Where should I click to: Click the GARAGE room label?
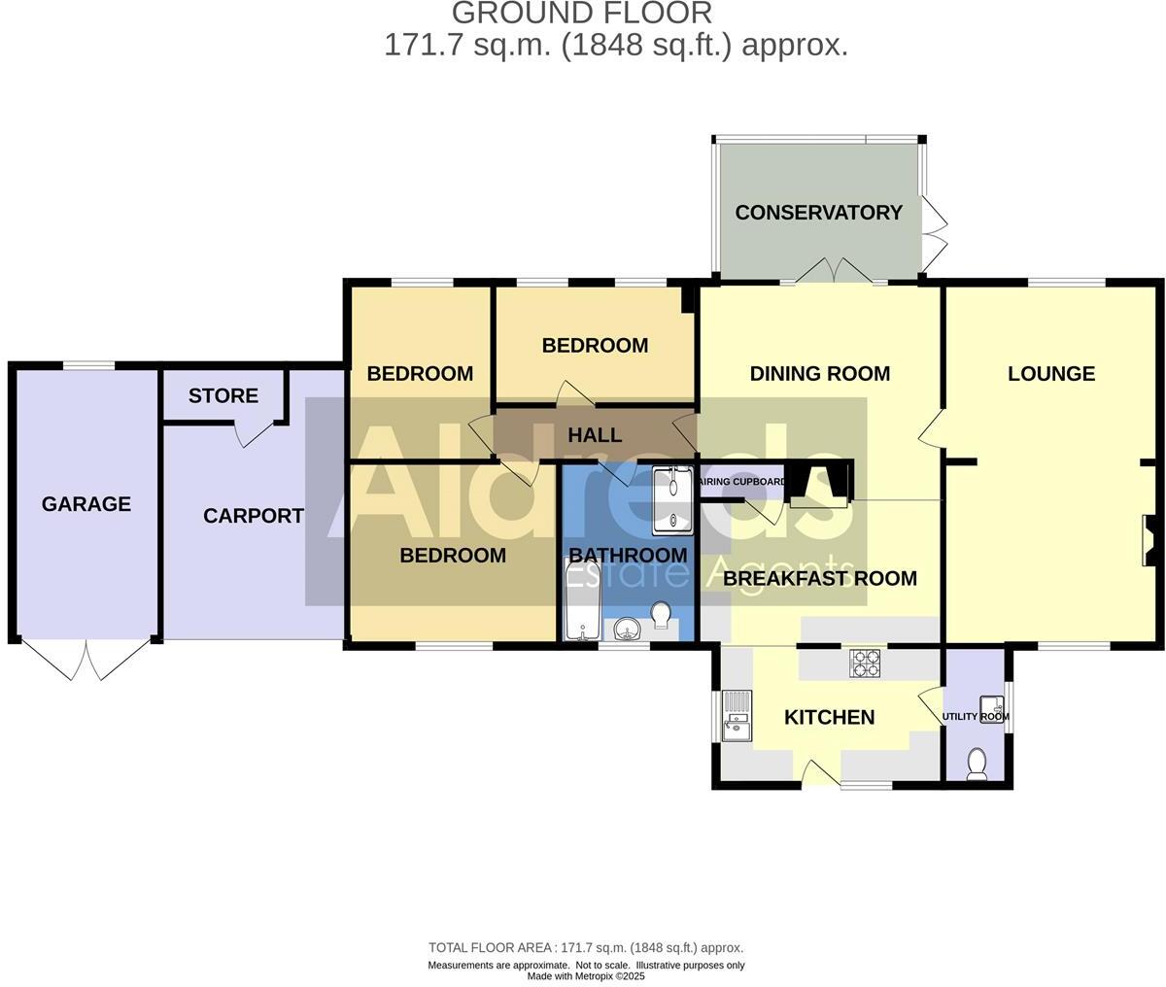click(x=86, y=504)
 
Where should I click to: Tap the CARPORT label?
click(x=253, y=516)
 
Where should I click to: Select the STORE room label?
click(x=223, y=396)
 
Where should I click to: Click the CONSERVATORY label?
click(x=818, y=213)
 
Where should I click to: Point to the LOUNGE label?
click(x=1050, y=374)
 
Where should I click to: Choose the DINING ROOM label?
click(x=819, y=374)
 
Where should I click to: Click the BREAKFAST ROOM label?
click(x=820, y=579)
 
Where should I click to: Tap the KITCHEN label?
click(x=829, y=718)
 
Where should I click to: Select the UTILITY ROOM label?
click(x=976, y=717)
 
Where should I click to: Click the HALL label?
click(x=594, y=435)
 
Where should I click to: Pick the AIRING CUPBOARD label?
click(x=743, y=480)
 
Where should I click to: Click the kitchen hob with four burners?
click(x=866, y=663)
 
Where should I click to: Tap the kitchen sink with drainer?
click(x=737, y=716)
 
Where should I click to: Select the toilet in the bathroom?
click(x=662, y=616)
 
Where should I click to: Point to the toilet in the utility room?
click(x=977, y=765)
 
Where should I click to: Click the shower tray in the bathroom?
click(x=672, y=500)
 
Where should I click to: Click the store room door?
click(x=255, y=434)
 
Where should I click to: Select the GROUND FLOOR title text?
click(x=582, y=14)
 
